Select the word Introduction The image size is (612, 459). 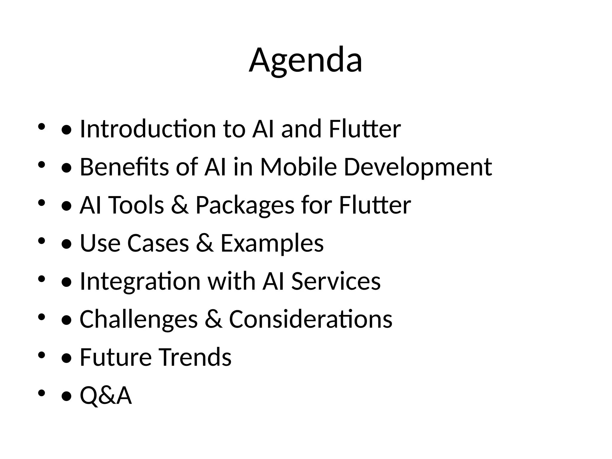tap(148, 129)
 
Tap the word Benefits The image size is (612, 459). tap(124, 167)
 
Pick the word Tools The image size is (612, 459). tap(137, 205)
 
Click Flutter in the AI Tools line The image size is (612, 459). tap(375, 205)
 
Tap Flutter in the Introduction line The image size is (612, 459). tap(365, 129)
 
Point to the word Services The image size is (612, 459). tap(336, 281)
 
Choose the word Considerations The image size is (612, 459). tap(310, 319)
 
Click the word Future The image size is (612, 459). tap(116, 357)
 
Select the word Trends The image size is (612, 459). tap(195, 357)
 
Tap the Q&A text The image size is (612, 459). tap(106, 395)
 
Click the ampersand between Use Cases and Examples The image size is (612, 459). tap(205, 243)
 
